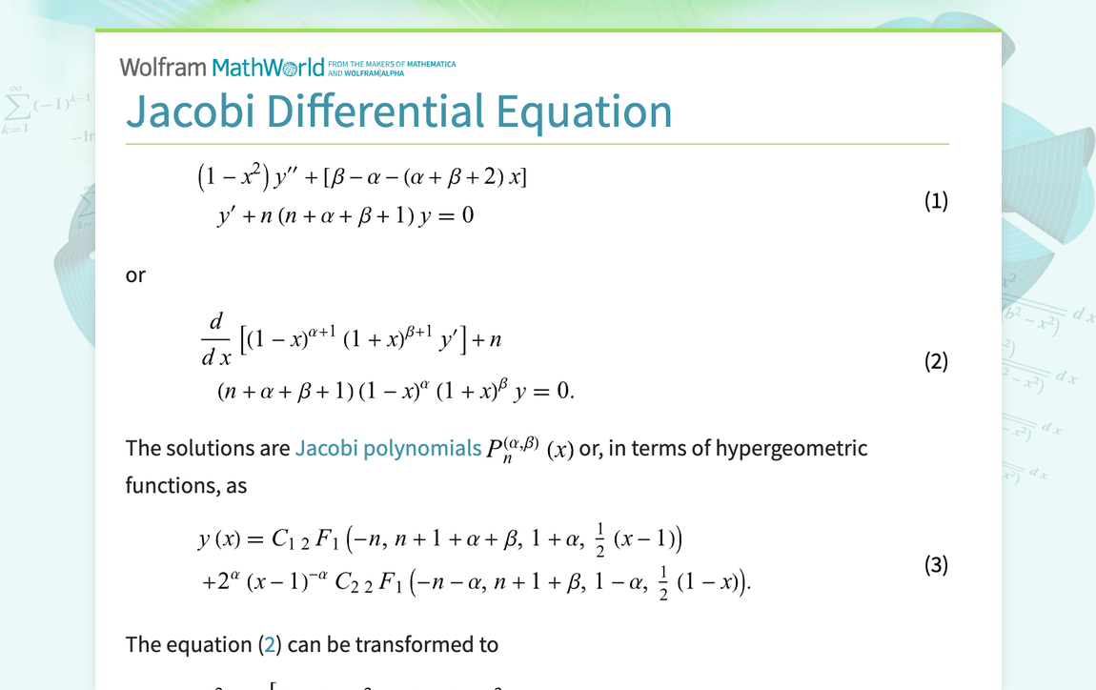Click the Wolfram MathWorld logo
tap(222, 68)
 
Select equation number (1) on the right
tap(936, 200)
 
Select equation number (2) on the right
tap(936, 361)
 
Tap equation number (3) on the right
tap(936, 564)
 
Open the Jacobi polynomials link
tap(388, 448)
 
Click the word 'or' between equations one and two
tap(135, 275)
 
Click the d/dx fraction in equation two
tap(216, 340)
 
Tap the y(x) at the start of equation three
tap(218, 540)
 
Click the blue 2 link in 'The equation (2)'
tap(270, 645)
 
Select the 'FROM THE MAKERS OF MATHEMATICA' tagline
tap(392, 65)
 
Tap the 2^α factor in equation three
tap(225, 581)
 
